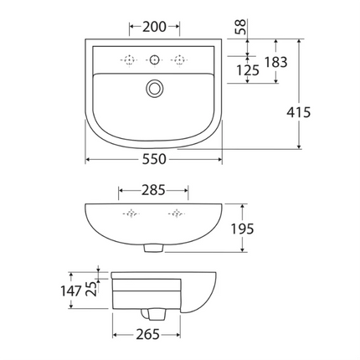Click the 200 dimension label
pyautogui.click(x=153, y=27)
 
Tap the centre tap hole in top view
pyautogui.click(x=153, y=59)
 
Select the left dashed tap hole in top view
pyautogui.click(x=129, y=59)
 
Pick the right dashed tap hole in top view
pyautogui.click(x=178, y=59)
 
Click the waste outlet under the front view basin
pyautogui.click(x=152, y=247)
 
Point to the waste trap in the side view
pyautogui.click(x=152, y=312)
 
